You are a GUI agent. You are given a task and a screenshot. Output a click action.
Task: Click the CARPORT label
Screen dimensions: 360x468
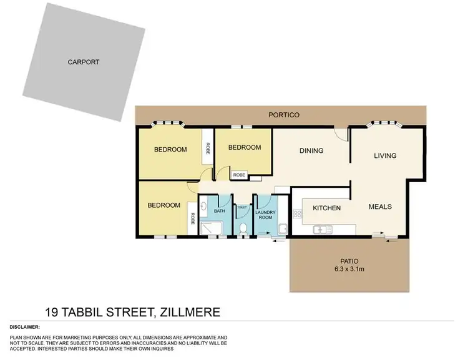click(84, 62)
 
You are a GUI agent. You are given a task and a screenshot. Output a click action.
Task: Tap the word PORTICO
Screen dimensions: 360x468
click(284, 115)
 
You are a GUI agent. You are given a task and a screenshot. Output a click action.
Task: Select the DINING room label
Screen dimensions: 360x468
click(311, 150)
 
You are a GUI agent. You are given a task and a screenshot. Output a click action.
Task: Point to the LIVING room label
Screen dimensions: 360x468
click(385, 155)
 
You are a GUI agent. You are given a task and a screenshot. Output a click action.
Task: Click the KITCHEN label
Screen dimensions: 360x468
click(326, 208)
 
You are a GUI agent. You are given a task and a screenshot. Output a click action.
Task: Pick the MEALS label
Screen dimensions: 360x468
click(380, 208)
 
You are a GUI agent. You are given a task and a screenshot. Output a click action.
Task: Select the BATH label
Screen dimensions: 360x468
click(220, 212)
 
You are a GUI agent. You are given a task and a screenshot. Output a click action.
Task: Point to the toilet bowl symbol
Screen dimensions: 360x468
click(242, 229)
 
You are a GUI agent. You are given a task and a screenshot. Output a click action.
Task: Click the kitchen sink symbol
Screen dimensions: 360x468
click(322, 230)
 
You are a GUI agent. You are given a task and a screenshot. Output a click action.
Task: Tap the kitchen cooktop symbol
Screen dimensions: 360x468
click(298, 216)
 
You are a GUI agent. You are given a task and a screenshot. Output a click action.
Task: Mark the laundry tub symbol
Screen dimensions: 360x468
click(282, 229)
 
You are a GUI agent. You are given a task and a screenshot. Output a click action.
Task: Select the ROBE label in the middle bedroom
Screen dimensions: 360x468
click(239, 175)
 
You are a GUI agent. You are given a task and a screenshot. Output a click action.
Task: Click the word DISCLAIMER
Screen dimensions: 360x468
click(26, 327)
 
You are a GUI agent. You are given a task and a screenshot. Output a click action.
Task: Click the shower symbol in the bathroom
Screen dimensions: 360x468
click(213, 230)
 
